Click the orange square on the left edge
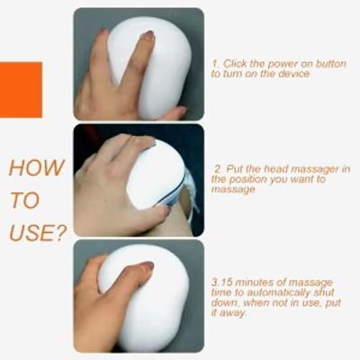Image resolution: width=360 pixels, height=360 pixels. point(21,90)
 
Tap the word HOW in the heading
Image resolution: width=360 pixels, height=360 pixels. point(37,168)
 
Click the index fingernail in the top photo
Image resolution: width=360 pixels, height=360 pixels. point(148,36)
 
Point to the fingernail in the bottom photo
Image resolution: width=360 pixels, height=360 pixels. point(145,265)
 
